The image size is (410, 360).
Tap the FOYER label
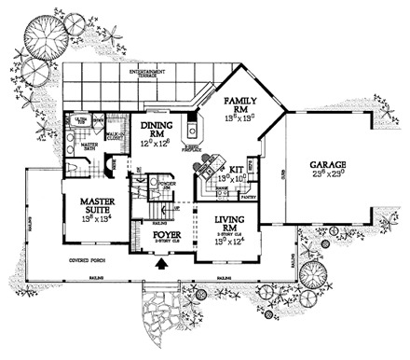click(x=168, y=235)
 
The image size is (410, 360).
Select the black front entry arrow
click(x=166, y=265)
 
